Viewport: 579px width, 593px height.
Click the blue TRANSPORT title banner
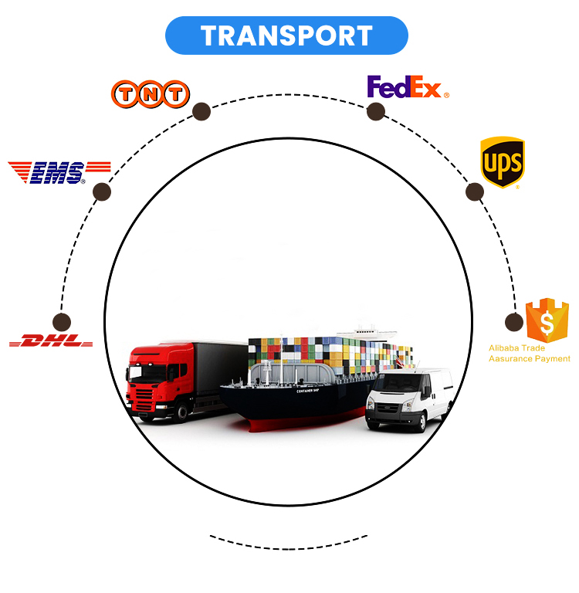pos(286,36)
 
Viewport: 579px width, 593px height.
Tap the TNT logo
pos(151,93)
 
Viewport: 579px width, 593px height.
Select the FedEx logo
pos(408,87)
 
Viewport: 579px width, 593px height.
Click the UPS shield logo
pos(503,162)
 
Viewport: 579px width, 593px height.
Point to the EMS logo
pos(59,172)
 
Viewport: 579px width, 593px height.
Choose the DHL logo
pos(51,341)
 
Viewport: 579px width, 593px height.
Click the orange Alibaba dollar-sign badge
pos(547,320)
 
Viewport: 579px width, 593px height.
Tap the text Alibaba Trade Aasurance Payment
pos(529,353)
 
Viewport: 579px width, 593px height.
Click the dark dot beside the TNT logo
pos(201,111)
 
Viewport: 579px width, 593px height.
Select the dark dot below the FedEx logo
pos(376,111)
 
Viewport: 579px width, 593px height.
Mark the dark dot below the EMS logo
pos(102,191)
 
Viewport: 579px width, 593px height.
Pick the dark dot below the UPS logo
pos(475,191)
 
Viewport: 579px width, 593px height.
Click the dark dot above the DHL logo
pos(62,322)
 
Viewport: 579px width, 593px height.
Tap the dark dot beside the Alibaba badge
pos(514,322)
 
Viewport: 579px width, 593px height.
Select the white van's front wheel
pos(420,422)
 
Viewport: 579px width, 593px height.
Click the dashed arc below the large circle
pos(289,549)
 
